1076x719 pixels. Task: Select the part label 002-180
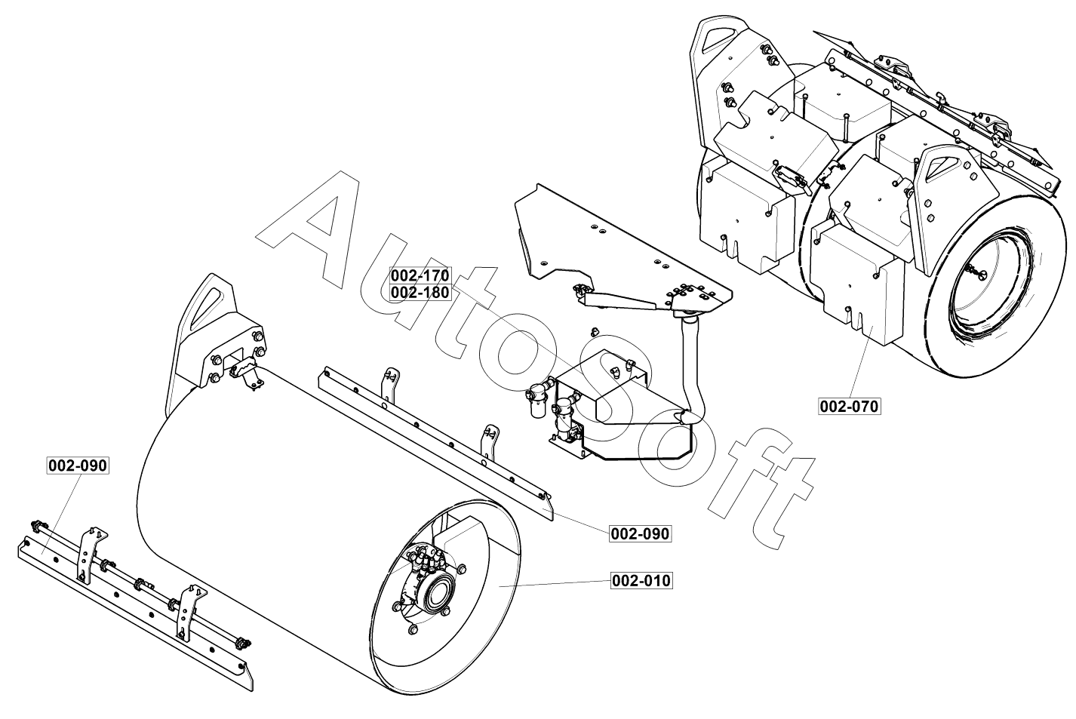[x=420, y=292]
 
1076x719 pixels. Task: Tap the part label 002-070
[x=850, y=407]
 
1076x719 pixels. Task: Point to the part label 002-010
[x=641, y=581]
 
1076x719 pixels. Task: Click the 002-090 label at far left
[x=78, y=466]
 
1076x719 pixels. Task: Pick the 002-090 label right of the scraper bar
[x=640, y=533]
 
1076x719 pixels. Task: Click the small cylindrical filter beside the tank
[x=538, y=399]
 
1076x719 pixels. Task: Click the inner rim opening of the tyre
[x=988, y=287]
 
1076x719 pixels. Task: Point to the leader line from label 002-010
[x=558, y=583]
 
